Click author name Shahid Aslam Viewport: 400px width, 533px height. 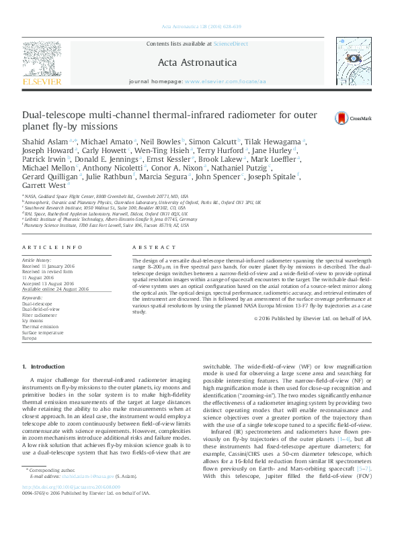[44, 141]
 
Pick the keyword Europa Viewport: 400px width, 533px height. [30, 338]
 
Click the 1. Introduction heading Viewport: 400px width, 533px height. [44, 366]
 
